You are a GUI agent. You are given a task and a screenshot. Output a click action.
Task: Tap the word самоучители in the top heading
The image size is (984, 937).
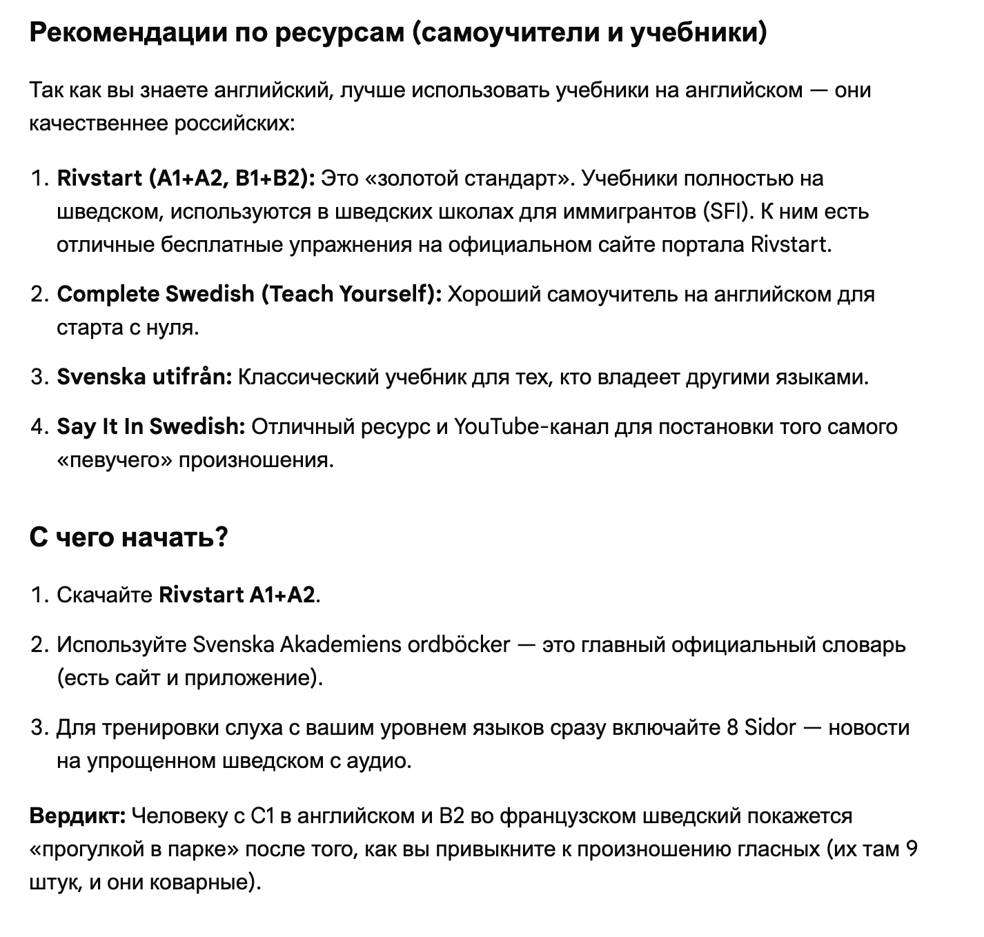coord(509,32)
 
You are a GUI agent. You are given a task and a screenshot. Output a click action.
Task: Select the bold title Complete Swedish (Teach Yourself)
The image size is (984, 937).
coord(249,295)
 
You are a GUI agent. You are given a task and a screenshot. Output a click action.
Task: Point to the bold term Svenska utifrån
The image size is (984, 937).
coord(144,377)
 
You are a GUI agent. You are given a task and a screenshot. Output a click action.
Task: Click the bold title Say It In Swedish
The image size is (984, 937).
coord(150,427)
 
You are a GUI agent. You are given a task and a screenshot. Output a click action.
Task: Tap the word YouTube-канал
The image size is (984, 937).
coord(531,427)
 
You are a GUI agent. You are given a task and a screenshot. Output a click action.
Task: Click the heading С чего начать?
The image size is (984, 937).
coord(128,537)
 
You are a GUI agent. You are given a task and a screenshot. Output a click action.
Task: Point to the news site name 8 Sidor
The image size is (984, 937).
coord(761,728)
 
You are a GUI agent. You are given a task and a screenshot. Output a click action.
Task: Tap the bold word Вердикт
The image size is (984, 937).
coord(77,816)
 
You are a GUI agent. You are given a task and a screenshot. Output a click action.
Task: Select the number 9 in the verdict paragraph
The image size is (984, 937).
coord(911,849)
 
